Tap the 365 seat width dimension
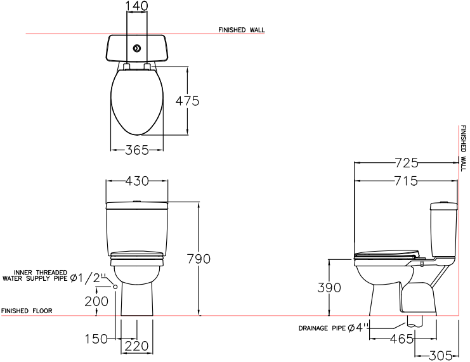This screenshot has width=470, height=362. click(136, 150)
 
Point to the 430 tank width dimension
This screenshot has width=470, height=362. click(136, 181)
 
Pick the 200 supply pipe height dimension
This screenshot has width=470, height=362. click(96, 301)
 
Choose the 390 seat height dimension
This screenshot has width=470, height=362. click(329, 288)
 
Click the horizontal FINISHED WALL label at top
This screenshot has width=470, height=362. click(241, 30)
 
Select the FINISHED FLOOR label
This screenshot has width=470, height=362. click(27, 311)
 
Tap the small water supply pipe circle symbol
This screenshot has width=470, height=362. click(115, 287)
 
